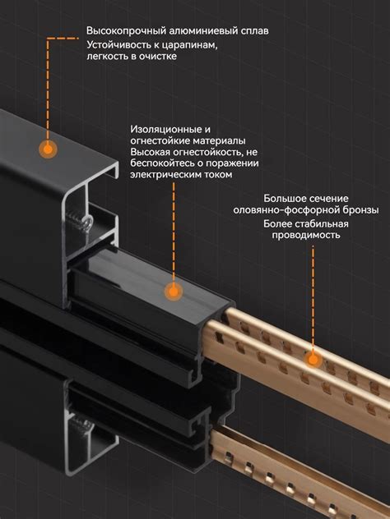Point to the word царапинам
point(187,44)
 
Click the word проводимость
point(302,236)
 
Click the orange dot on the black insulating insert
point(172,291)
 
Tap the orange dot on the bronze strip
point(312,357)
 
